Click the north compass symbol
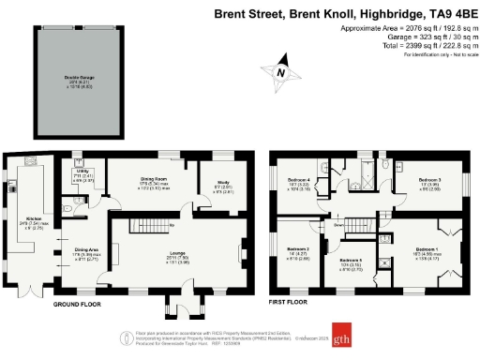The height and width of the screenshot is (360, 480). [280, 72]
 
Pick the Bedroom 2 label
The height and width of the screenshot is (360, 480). [298, 250]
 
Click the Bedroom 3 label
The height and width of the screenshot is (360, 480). [428, 180]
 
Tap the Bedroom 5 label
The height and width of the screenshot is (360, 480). [350, 260]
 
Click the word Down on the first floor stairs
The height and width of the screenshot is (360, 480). [337, 225]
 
